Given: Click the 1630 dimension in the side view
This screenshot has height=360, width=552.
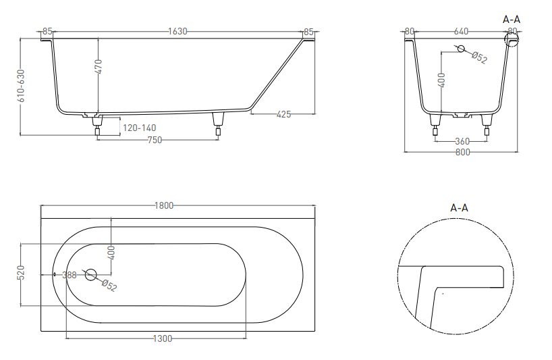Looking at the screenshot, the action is tap(177, 31).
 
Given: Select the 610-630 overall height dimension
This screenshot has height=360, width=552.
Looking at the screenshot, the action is tap(21, 86).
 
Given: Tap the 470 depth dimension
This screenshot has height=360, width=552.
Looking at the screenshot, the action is tap(99, 67).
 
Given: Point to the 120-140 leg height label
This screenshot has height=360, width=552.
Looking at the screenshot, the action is tap(140, 128).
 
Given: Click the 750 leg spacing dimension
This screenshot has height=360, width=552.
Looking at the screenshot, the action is tap(155, 140).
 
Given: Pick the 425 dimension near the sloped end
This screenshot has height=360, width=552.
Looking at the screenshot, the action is tap(283, 114).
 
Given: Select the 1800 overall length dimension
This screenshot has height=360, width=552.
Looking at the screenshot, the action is tap(164, 205).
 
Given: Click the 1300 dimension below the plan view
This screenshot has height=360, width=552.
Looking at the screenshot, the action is tap(163, 339).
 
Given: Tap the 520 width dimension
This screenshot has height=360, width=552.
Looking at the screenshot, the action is tap(21, 273).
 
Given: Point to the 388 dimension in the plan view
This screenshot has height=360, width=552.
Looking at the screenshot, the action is tap(70, 275).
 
